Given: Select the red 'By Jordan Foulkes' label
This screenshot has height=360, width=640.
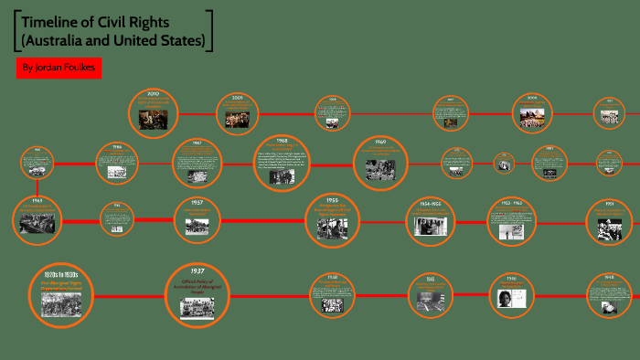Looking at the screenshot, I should click(57, 69).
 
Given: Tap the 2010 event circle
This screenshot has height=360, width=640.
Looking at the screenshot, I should click(153, 111).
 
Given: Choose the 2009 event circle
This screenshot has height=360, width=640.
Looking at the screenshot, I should click(237, 112).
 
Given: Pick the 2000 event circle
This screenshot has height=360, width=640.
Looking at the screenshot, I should click(531, 112).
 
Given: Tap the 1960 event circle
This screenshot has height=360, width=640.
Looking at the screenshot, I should click(379, 162).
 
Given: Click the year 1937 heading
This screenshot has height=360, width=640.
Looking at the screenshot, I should click(197, 271).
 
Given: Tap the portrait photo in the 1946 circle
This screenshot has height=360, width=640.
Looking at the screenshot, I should click(511, 298).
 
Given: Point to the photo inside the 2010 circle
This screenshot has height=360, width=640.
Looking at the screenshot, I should click(153, 119).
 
